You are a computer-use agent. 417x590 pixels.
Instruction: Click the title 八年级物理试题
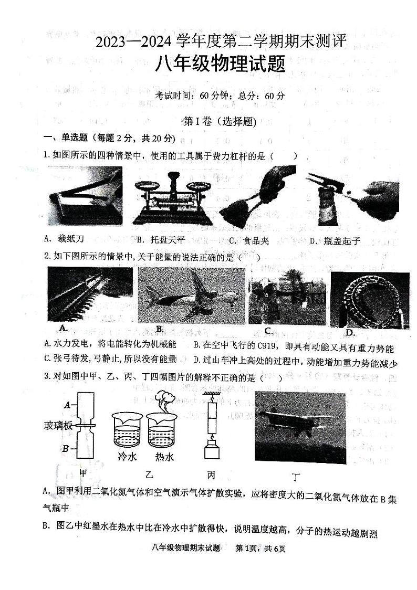click(220, 65)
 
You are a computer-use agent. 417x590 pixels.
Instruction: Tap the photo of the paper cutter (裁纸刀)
click(84, 196)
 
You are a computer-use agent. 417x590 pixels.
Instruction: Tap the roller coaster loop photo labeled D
click(369, 300)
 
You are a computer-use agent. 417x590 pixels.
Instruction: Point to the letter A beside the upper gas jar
click(67, 405)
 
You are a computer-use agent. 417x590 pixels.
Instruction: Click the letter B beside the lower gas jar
click(66, 448)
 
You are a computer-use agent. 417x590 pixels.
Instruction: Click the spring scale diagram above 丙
click(212, 428)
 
